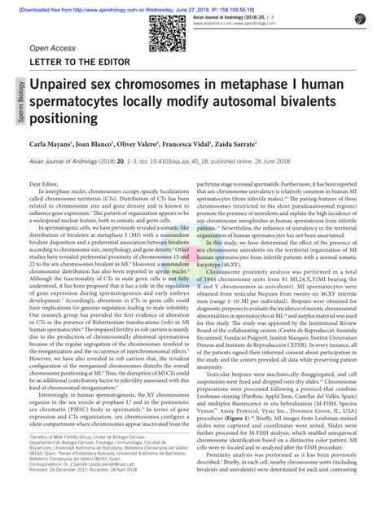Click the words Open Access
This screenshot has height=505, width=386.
50,47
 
